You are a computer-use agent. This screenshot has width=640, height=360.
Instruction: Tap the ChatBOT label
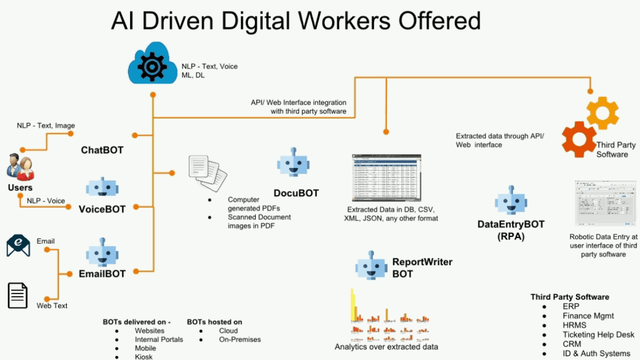pyautogui.click(x=102, y=150)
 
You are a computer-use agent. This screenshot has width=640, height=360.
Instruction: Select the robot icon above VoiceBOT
pyautogui.click(x=102, y=187)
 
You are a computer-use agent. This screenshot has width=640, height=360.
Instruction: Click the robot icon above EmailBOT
pyautogui.click(x=102, y=253)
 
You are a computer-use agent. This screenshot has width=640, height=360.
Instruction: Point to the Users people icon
pyautogui.click(x=20, y=167)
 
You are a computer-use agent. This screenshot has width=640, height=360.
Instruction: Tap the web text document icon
pyautogui.click(x=18, y=295)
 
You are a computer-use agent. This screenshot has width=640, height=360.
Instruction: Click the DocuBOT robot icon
pyautogui.click(x=293, y=164)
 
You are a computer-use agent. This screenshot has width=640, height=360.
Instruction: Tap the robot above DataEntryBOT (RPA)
pyautogui.click(x=511, y=201)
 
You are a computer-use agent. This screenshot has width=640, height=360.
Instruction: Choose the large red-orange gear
pyautogui.click(x=579, y=139)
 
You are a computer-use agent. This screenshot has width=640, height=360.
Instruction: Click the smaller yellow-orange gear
pyautogui.click(x=602, y=113)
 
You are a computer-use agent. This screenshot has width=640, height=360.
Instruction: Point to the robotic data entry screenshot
pyautogui.click(x=605, y=204)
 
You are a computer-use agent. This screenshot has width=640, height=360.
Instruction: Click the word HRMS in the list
pyautogui.click(x=574, y=325)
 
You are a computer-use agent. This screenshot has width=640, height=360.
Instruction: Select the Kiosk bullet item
pyautogui.click(x=143, y=356)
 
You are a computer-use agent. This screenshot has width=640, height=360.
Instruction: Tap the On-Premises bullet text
pyautogui.click(x=240, y=339)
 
